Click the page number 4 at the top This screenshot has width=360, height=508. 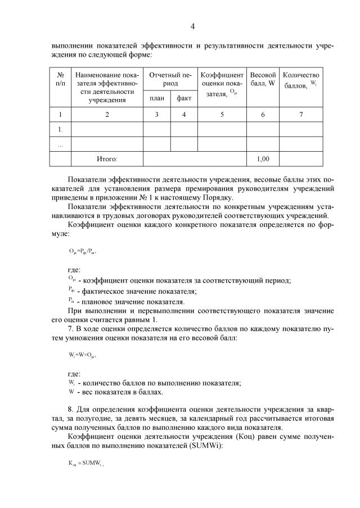click(192, 26)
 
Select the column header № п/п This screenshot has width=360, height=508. click(60, 79)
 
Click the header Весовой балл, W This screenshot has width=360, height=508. click(263, 79)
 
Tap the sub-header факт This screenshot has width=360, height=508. click(184, 99)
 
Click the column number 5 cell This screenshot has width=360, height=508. click(222, 115)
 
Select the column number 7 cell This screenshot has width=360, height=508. click(301, 115)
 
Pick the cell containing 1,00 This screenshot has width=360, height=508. click(263, 159)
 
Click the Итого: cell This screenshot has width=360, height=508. click(107, 159)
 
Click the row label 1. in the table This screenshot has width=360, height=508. click(60, 130)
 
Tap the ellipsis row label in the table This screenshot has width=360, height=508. click(60, 144)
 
